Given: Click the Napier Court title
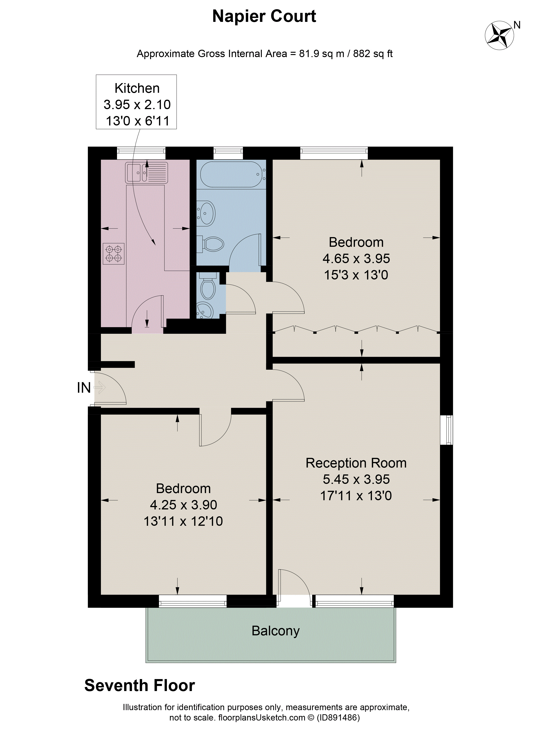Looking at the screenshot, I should click(x=264, y=16).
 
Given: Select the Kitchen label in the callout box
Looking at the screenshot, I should click(x=137, y=88).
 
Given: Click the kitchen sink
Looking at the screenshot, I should click(x=147, y=172).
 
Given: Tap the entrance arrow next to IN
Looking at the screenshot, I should click(x=100, y=388).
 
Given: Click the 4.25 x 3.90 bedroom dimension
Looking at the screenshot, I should click(x=183, y=505).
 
